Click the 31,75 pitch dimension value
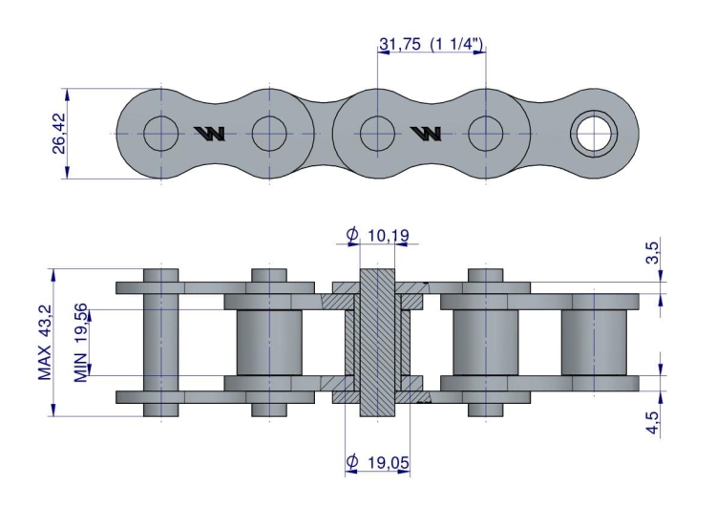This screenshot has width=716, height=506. [400, 44]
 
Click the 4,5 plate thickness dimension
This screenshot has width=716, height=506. [652, 420]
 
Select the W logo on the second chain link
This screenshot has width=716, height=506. [424, 133]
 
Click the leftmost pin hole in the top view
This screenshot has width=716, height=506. [161, 133]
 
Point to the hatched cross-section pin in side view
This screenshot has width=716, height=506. [378, 344]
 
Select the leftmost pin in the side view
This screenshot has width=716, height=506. [161, 344]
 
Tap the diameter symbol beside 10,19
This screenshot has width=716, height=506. [352, 234]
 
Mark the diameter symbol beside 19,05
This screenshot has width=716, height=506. [352, 463]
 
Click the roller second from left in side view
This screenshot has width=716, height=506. [269, 343]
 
